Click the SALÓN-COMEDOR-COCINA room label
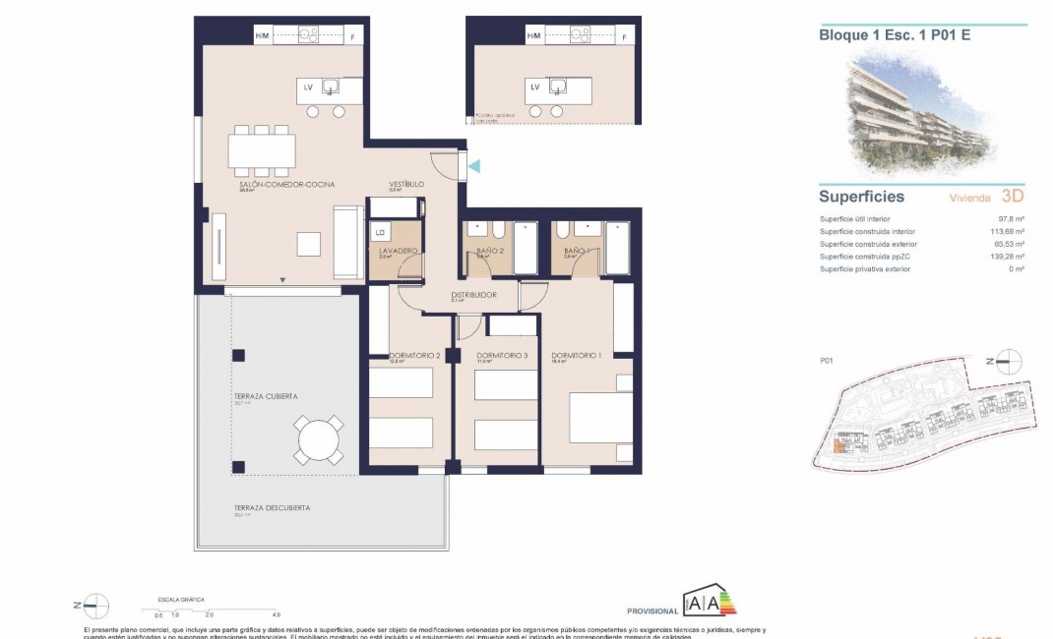(274, 185)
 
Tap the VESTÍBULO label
(406, 185)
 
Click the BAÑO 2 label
(479, 252)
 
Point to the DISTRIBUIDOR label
(472, 295)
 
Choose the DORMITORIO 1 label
(576, 356)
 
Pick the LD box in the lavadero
(380, 234)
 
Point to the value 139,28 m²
(1010, 256)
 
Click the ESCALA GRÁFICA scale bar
(217, 609)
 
